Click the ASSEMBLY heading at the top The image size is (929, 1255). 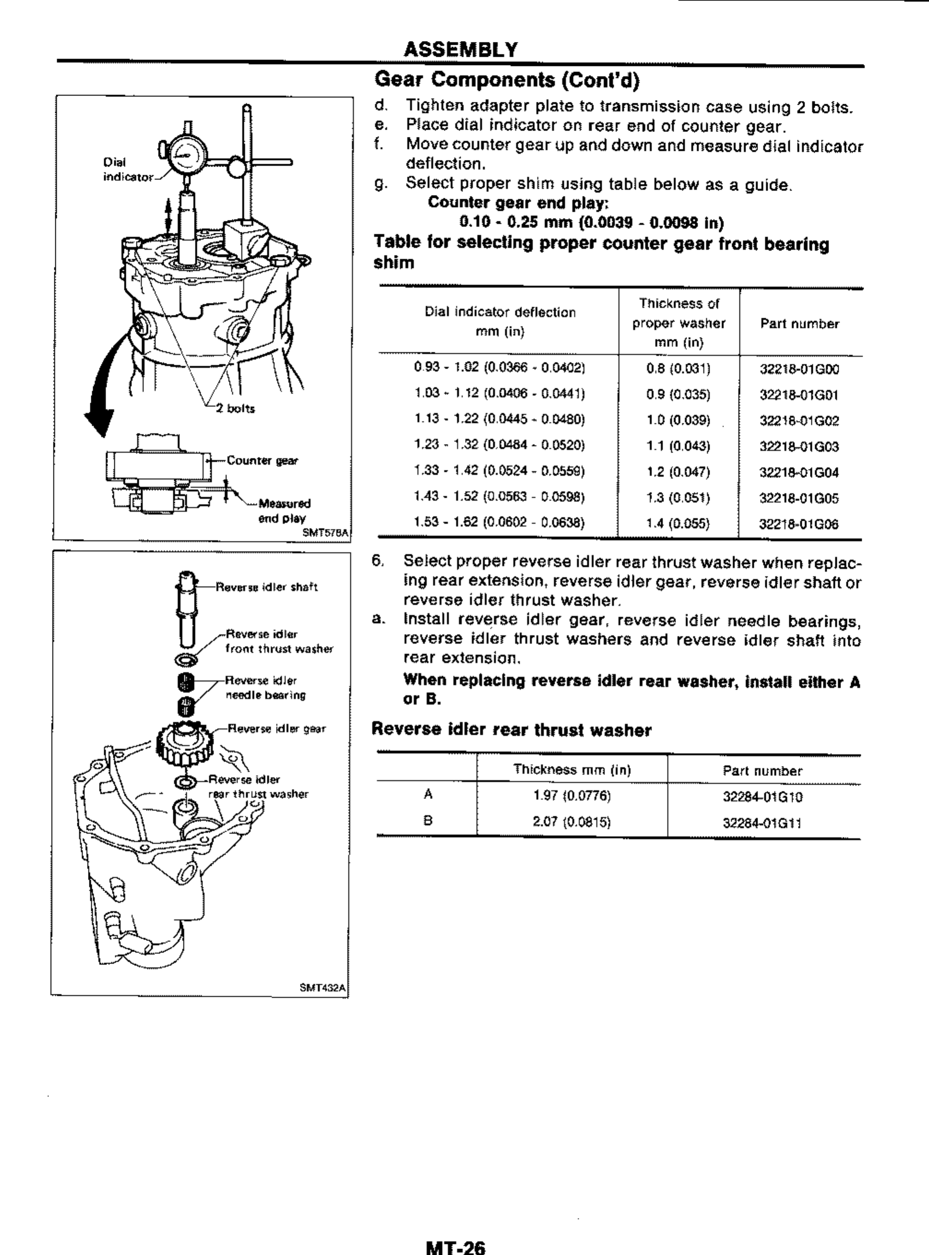click(460, 50)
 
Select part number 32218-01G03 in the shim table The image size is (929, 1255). click(799, 447)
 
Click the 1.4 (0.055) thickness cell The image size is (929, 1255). click(678, 524)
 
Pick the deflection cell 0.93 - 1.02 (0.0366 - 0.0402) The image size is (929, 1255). click(500, 368)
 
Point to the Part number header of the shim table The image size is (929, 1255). click(799, 324)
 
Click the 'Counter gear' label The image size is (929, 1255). click(262, 461)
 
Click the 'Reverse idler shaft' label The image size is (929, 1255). click(267, 587)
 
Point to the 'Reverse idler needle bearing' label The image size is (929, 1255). click(265, 687)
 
